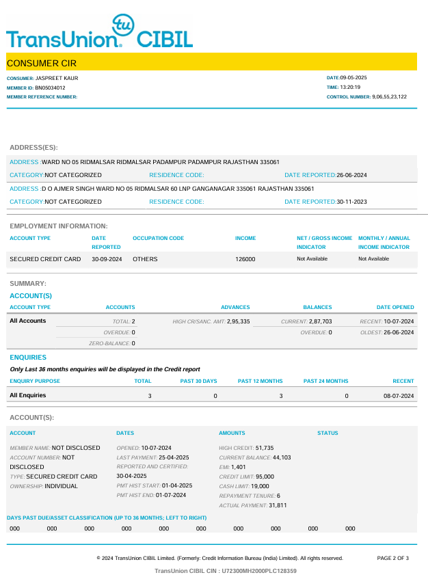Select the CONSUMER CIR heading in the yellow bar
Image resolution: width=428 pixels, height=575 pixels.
point(42,64)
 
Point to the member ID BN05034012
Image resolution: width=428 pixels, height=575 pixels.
point(51,88)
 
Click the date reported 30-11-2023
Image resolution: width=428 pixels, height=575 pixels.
point(352,202)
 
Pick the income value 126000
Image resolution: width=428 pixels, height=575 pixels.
point(245,259)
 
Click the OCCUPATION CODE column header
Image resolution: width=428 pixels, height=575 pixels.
point(158,239)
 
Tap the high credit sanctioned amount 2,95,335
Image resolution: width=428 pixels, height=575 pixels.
point(239,321)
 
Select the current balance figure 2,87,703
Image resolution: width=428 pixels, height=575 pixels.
point(317,321)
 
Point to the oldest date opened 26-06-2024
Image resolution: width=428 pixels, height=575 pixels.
point(399,332)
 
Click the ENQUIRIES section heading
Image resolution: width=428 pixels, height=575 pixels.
point(28,358)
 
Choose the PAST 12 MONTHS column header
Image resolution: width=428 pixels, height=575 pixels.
point(260,381)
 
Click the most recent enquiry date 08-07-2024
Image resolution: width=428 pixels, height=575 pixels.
point(399,396)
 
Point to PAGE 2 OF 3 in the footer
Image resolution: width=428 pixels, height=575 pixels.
point(392,559)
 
